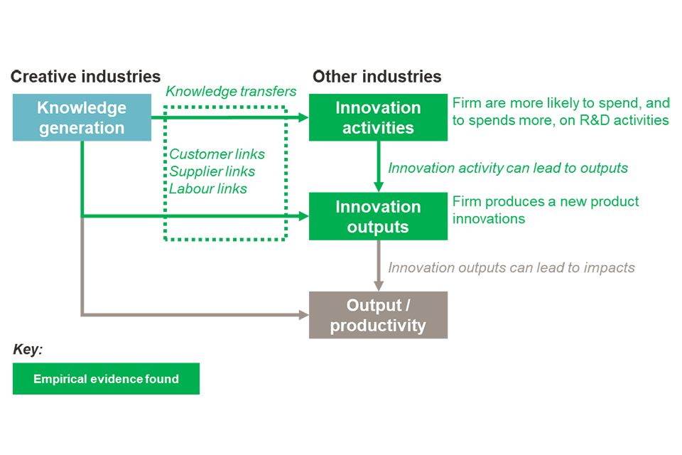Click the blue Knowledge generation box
click(x=82, y=117)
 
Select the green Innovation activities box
click(x=378, y=117)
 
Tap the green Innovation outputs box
click(x=378, y=216)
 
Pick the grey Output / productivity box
click(x=378, y=315)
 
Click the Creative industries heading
click(x=85, y=77)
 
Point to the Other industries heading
click(x=377, y=77)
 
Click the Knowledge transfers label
click(x=231, y=92)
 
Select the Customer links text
click(x=217, y=154)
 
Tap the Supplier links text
click(x=212, y=171)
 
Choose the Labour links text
click(x=208, y=188)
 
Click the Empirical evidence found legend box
click(x=106, y=379)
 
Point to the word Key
click(x=28, y=350)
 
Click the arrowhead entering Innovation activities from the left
click(x=303, y=117)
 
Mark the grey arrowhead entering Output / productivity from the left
click(x=303, y=314)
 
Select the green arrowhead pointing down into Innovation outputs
click(x=379, y=187)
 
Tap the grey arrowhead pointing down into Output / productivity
click(x=379, y=285)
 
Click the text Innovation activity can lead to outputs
click(x=508, y=168)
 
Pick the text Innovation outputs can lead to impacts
click(x=511, y=268)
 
